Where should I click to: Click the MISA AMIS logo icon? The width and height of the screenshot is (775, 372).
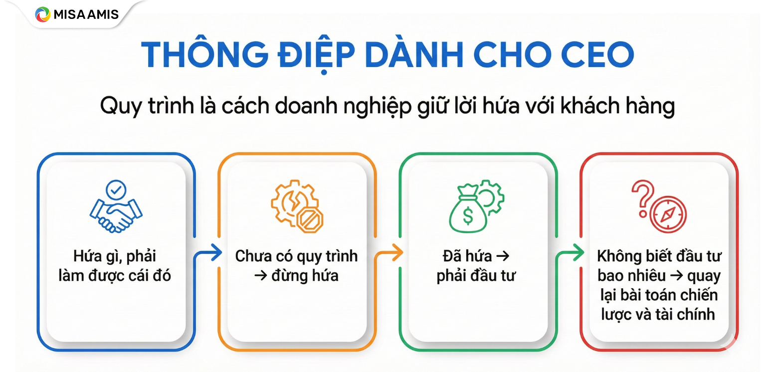pos(42,14)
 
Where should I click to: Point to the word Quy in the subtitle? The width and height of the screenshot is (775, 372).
pos(118,107)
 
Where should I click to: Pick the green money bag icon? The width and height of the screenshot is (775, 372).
pos(468,211)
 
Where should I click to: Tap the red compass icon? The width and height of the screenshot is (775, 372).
pos(668,214)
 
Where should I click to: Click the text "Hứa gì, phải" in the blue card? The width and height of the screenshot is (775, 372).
pos(115,257)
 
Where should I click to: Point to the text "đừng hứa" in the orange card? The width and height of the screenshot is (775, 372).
pos(305,275)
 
